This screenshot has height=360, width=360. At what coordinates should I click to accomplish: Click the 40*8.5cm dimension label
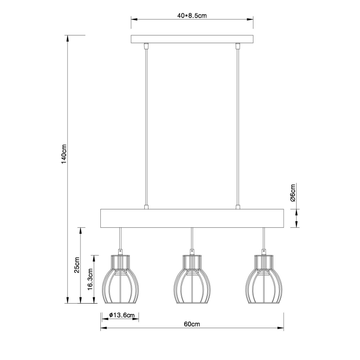192,16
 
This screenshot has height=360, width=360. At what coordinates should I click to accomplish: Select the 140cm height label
63,155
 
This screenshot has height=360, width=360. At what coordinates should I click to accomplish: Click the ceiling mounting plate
192,39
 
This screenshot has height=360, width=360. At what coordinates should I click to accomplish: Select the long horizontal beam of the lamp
192,219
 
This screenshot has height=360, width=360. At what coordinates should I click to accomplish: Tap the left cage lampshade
120,279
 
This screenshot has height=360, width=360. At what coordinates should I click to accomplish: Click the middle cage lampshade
192,279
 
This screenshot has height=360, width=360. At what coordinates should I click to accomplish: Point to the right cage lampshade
263,279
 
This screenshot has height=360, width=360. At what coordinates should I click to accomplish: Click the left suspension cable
146,124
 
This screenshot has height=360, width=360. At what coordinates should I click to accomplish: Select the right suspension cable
238,124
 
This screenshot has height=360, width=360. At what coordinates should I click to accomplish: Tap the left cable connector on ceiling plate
146,46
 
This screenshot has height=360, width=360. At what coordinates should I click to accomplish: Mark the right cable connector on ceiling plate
238,46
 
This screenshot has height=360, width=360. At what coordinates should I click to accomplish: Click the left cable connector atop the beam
146,207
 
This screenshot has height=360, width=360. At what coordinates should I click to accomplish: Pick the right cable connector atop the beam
238,207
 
